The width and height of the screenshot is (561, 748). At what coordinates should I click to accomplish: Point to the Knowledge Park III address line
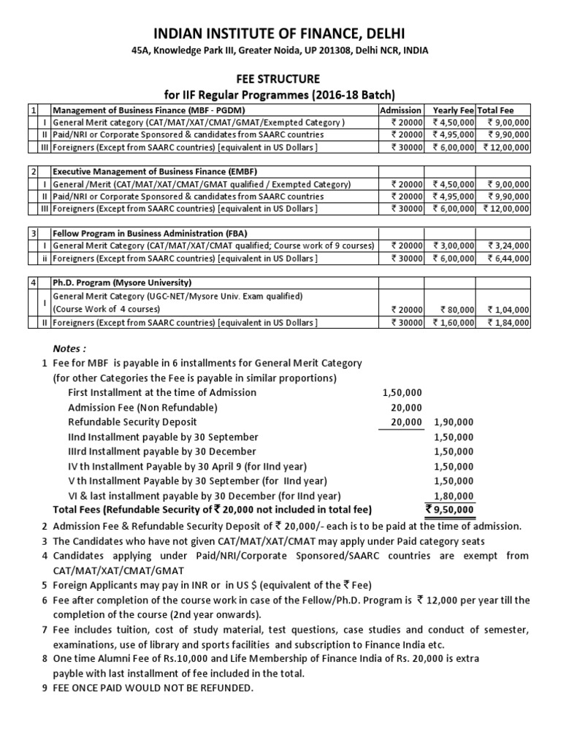pyautogui.click(x=280, y=50)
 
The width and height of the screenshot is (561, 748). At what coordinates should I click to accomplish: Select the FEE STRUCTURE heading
pyautogui.click(x=280, y=78)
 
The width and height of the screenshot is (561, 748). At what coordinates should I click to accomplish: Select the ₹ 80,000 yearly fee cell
pyautogui.click(x=456, y=308)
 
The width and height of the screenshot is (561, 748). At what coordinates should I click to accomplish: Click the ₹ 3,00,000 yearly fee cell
pyautogui.click(x=454, y=245)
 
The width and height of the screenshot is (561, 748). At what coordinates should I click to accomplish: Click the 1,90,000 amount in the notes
pyautogui.click(x=454, y=422)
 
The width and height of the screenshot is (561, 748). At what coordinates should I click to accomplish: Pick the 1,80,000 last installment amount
pyautogui.click(x=454, y=495)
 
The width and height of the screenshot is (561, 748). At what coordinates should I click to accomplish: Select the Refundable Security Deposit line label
pyautogui.click(x=132, y=422)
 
